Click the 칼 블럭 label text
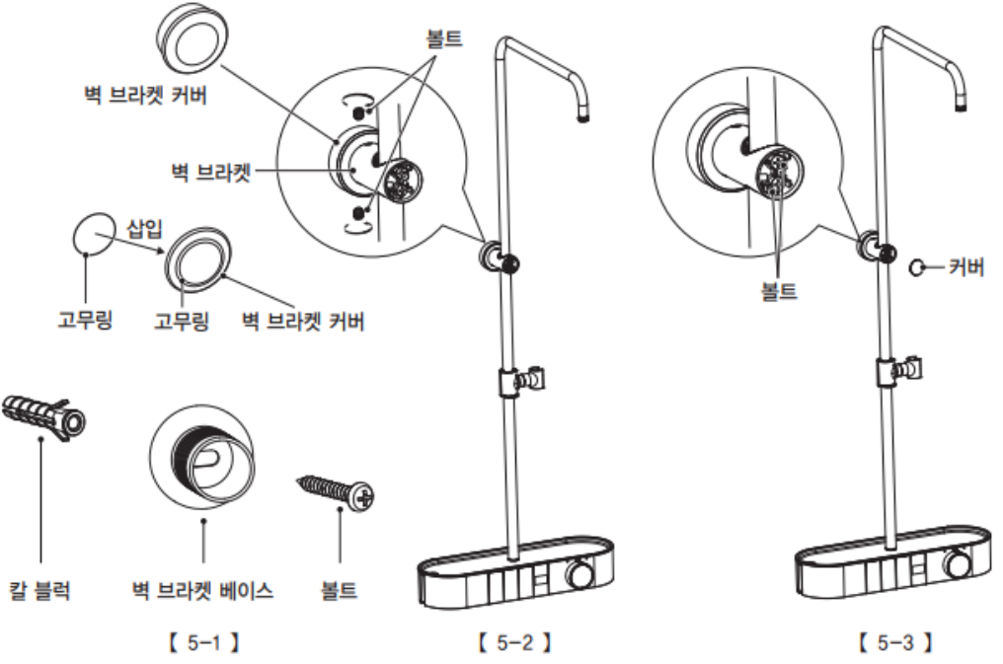[39, 590]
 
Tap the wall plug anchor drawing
[43, 416]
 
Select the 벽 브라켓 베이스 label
[202, 590]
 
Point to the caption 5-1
[203, 641]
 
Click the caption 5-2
[514, 641]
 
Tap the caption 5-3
[894, 641]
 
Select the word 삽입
[144, 228]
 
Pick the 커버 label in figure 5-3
[965, 266]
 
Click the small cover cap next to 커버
[917, 267]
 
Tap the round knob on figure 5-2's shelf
[580, 572]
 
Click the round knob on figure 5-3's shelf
[958, 565]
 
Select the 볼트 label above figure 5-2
[444, 38]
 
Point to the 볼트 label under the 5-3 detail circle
[779, 291]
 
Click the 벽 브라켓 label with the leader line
[210, 172]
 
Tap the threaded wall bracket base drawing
[202, 456]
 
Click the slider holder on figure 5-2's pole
[520, 381]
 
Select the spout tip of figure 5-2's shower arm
[582, 117]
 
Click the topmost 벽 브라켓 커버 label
[146, 96]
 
